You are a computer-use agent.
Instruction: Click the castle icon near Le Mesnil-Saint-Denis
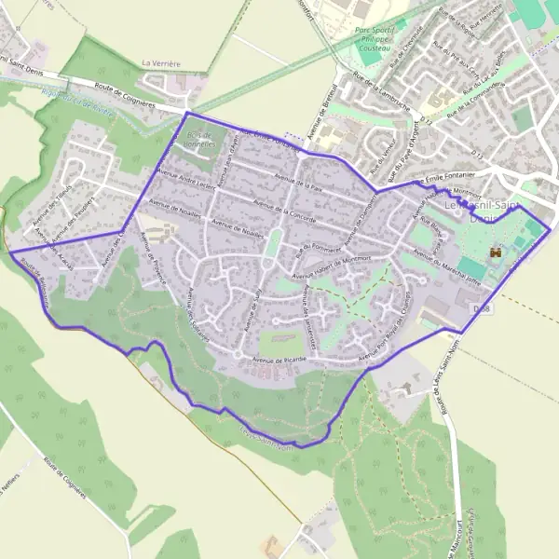coord(496,252)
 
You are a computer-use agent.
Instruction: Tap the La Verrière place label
coord(161,63)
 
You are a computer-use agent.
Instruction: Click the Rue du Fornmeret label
coord(314,246)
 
